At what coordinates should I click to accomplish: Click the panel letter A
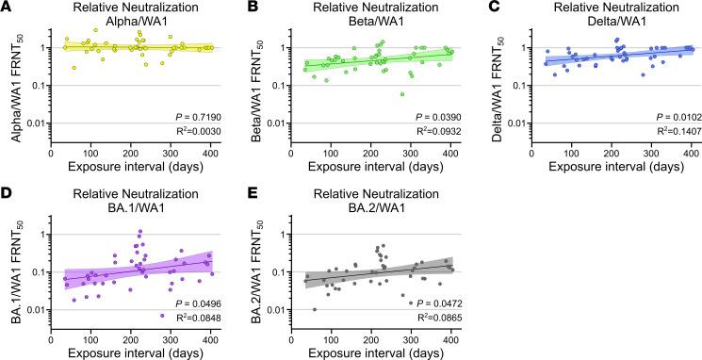click(x=7, y=8)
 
